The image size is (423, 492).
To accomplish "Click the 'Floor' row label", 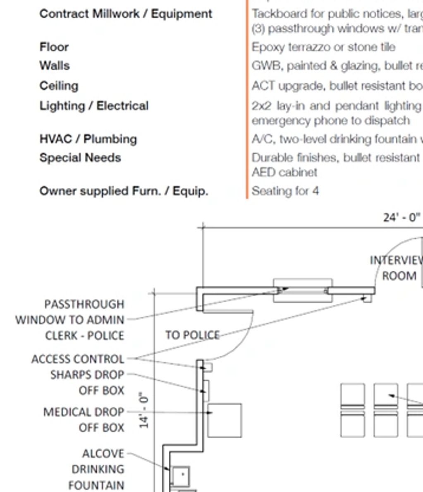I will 54,47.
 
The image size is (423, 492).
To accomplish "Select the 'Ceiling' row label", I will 59,86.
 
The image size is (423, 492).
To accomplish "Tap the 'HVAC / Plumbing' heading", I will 88,139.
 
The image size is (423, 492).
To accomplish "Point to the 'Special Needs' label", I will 80,158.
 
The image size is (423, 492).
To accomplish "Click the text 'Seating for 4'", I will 285,191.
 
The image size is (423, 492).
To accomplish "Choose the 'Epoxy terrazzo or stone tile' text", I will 323,47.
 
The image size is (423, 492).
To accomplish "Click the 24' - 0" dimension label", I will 401,217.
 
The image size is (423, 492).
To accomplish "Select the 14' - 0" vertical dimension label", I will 143,410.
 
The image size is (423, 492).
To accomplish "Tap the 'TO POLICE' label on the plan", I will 192,335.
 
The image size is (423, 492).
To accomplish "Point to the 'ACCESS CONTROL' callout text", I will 78,359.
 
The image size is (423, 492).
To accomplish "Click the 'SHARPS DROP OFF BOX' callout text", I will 87,382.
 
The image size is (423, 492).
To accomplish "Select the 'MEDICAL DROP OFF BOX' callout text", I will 84,420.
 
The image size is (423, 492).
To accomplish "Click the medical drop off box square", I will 225,420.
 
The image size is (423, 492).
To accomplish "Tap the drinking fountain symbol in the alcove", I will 181,475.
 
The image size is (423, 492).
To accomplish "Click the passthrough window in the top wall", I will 303,290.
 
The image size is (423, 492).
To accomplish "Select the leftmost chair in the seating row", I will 353,410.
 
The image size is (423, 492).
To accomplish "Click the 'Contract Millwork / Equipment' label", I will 126,14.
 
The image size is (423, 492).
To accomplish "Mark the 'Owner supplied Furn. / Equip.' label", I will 124,191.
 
